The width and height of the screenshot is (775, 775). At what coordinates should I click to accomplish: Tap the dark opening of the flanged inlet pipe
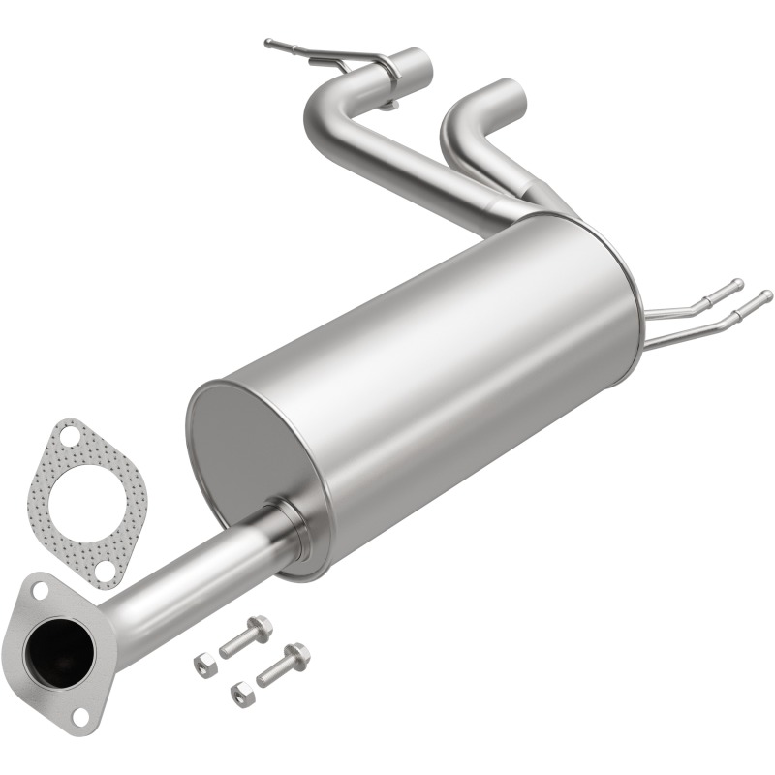pos(59,647)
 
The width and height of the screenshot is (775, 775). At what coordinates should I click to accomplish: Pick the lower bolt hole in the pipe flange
pos(80,715)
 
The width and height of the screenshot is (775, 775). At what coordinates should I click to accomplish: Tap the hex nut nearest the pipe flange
pos(206,665)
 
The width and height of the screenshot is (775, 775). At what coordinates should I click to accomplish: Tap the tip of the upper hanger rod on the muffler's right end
pos(738,284)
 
